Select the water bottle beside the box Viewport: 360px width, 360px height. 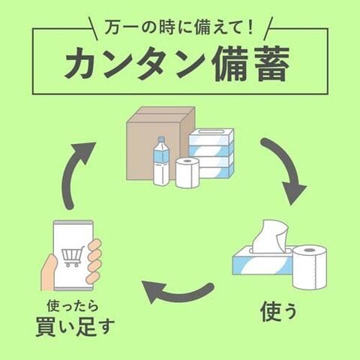point(161,161)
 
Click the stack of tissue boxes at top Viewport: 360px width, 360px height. point(211,152)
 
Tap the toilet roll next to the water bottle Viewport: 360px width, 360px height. point(187,172)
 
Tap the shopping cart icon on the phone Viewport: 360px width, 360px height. point(72,256)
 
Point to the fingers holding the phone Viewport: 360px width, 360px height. point(94,259)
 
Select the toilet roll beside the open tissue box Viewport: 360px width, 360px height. point(310,266)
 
